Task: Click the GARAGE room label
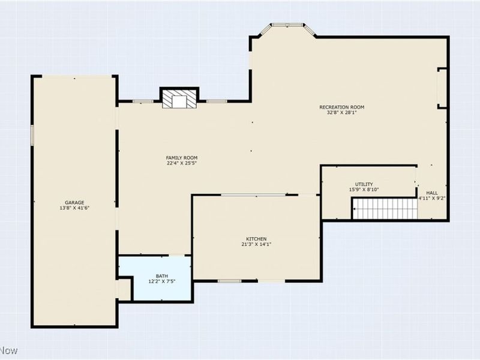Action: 75,202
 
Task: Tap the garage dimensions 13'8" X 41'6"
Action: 75,208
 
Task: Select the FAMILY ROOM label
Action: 182,157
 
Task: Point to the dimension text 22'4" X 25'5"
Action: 182,163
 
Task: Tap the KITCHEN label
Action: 256,238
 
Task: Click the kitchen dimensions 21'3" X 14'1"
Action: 256,244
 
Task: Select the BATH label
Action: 162,276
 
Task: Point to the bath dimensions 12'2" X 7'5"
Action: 162,281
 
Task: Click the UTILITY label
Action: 364,184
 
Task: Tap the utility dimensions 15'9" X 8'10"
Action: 364,190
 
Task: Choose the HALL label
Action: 432,193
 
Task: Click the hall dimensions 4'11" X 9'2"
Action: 432,198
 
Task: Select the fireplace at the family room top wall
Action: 179,100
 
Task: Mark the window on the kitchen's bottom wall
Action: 229,281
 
